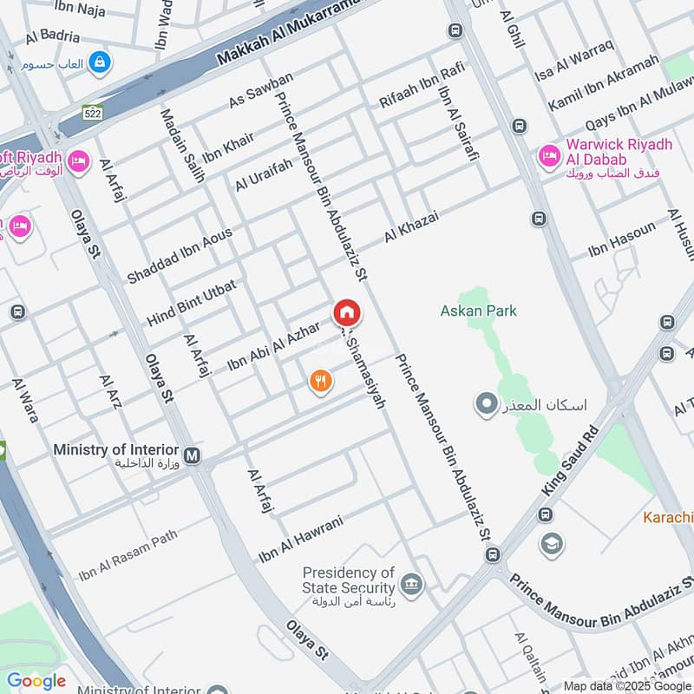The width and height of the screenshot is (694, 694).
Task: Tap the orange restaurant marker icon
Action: tap(321, 380)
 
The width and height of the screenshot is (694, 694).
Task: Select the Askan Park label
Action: tap(478, 311)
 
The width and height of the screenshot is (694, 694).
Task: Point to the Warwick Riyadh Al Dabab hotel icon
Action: tap(548, 157)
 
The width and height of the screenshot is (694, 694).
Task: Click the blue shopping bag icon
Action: tap(101, 62)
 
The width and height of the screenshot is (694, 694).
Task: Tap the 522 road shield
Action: tap(92, 113)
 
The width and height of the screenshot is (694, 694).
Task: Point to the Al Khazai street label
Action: tap(412, 227)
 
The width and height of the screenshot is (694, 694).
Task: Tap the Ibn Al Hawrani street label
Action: tap(301, 539)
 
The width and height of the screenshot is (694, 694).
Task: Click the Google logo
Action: tap(36, 681)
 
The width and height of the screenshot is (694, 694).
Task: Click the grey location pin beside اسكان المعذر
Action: tap(487, 403)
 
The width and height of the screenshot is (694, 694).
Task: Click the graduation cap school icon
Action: tap(551, 544)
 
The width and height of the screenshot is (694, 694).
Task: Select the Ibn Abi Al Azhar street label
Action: tap(273, 345)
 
